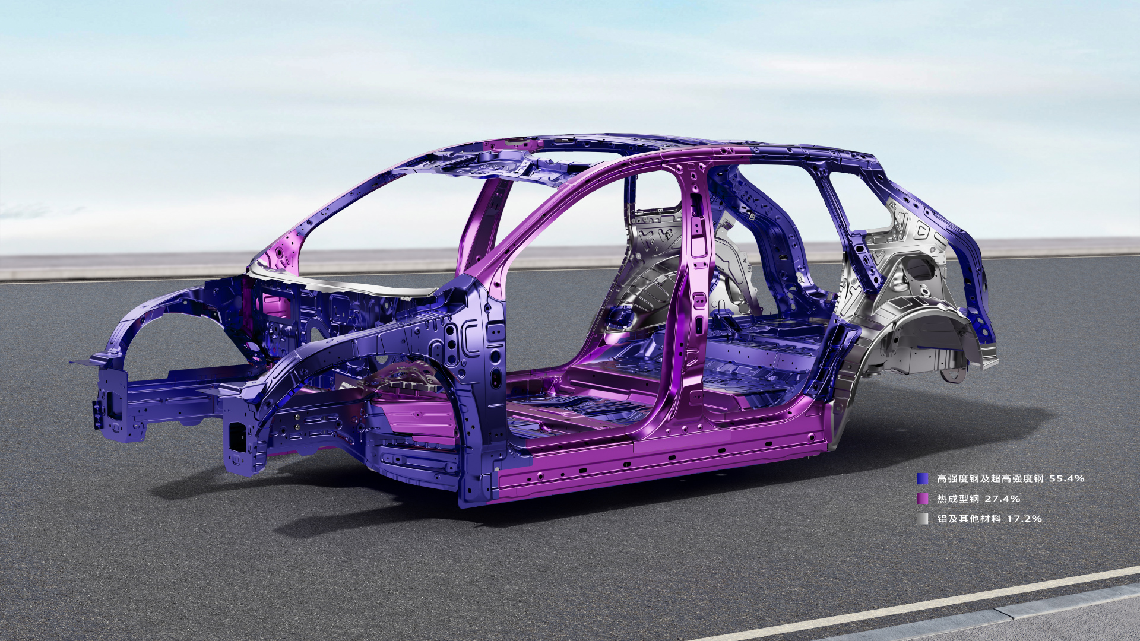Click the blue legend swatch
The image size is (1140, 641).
coord(922,478)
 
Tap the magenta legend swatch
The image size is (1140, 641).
coord(922,499)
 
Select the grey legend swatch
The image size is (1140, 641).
coord(922,519)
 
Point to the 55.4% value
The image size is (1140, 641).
coord(1066,478)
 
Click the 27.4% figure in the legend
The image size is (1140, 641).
coord(1002,499)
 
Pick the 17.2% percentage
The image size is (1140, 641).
coord(1024,519)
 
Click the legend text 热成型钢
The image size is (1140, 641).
coord(958,499)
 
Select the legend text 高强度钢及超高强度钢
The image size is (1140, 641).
coord(990,478)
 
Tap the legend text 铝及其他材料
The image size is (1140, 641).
coord(969,519)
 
